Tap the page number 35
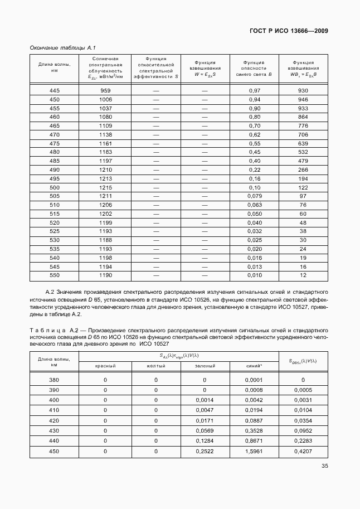click(324, 467)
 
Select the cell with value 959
click(105, 90)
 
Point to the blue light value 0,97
click(254, 90)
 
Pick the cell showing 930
click(303, 90)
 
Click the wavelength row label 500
click(55, 188)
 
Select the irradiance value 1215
click(105, 188)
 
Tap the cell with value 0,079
click(254, 197)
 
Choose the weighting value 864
click(303, 117)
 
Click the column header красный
click(105, 366)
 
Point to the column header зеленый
click(205, 366)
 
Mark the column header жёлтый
click(156, 366)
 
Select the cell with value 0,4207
click(303, 452)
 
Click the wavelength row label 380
click(55, 380)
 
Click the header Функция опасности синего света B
click(254, 68)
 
